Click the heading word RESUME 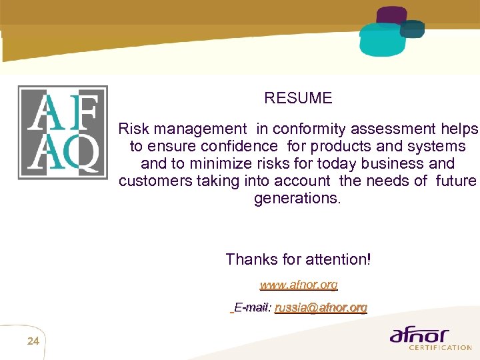click(298, 98)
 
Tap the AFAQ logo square click(62, 132)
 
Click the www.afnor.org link click(299, 285)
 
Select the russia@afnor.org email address click(321, 307)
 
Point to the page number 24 click(33, 342)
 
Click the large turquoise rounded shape click(381, 40)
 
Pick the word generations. click(297, 198)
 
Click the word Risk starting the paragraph click(133, 129)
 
